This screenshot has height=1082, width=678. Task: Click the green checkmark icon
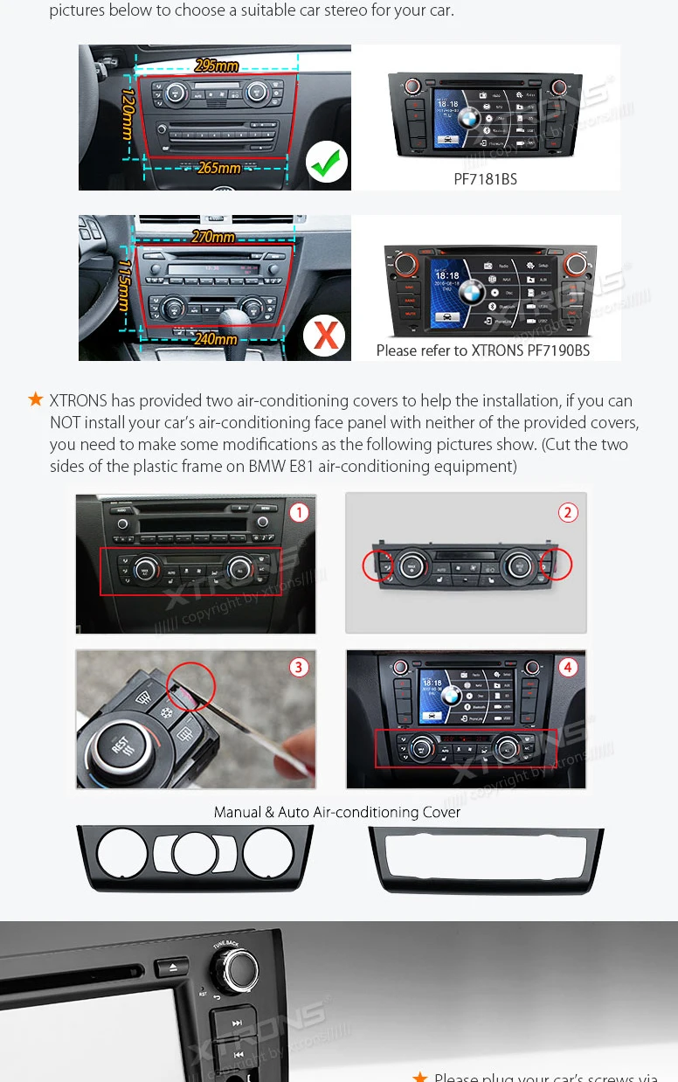(x=326, y=162)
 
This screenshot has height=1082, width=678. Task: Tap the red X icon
(x=325, y=335)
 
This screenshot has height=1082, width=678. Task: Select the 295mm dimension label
(x=217, y=66)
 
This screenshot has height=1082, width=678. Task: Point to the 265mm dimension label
(x=219, y=168)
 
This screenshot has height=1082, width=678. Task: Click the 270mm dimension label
(x=213, y=237)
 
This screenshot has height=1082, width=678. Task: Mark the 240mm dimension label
(x=216, y=339)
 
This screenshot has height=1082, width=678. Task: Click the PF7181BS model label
(x=485, y=179)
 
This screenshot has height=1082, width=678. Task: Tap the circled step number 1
(x=299, y=512)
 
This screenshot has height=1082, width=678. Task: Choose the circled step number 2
(x=568, y=512)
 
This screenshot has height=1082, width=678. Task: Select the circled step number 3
(x=299, y=668)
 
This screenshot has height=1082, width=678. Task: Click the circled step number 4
(x=568, y=668)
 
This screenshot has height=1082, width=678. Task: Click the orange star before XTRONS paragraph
(x=36, y=399)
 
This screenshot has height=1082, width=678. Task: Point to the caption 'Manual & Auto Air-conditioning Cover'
(x=337, y=812)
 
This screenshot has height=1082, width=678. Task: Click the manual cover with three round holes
(x=195, y=856)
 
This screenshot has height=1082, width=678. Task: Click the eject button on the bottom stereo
(x=172, y=967)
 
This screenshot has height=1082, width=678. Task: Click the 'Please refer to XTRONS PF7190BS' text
(x=482, y=350)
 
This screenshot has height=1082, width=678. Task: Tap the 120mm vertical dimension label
(x=128, y=114)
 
